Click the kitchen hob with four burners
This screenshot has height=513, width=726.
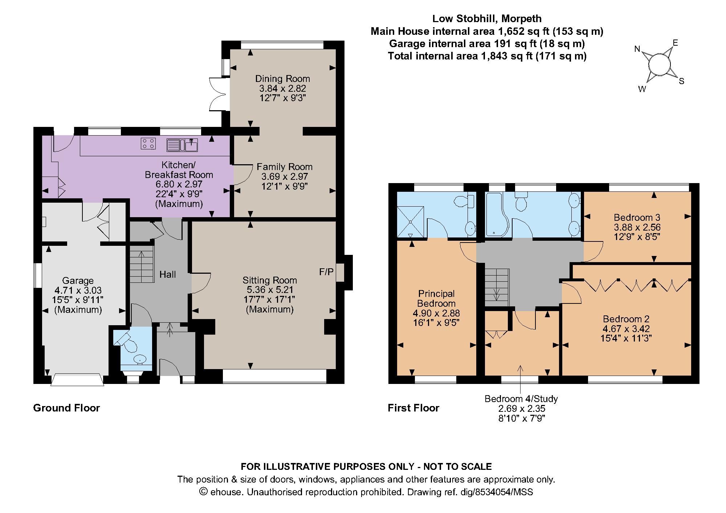pos(148,144)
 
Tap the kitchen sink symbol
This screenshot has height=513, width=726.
pos(182,145)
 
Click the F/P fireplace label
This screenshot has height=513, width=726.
pos(326,272)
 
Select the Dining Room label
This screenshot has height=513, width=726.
pos(282,79)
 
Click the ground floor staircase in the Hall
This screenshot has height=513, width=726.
pos(142,264)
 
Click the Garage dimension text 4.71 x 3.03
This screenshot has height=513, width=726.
pos(78,290)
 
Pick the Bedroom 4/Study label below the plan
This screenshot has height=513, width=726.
pos(521,399)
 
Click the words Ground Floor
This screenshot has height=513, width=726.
pos(66,408)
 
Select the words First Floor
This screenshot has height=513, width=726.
pos(413,408)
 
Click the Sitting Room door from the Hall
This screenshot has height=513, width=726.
pos(201,283)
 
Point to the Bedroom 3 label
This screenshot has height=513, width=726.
pos(637,218)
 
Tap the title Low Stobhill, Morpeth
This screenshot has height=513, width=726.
pos(487,18)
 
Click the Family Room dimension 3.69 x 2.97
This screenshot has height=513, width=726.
pos(284,177)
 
